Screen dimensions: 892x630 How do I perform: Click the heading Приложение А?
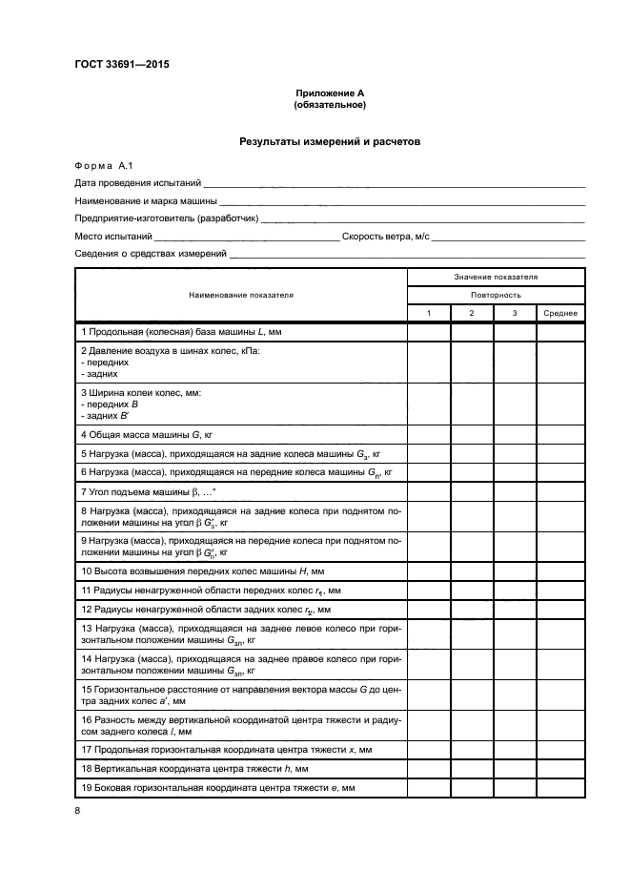(x=330, y=93)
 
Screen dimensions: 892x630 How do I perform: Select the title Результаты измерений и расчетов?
(x=330, y=141)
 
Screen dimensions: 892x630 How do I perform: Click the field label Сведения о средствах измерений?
(x=151, y=254)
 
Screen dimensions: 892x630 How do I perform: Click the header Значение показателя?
(x=496, y=277)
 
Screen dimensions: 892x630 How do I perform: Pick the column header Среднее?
(x=560, y=314)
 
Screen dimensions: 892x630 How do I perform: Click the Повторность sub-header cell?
(x=496, y=295)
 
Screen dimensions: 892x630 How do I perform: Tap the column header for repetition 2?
(x=472, y=314)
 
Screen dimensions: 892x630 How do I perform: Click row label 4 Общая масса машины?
(x=146, y=434)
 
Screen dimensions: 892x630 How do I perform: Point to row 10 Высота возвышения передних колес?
(x=203, y=570)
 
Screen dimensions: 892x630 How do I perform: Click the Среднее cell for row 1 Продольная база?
(x=560, y=332)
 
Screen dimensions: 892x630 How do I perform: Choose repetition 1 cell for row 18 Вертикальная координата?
(x=429, y=768)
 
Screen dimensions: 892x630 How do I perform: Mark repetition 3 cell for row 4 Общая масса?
(x=515, y=434)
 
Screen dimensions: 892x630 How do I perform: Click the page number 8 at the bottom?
(x=78, y=811)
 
